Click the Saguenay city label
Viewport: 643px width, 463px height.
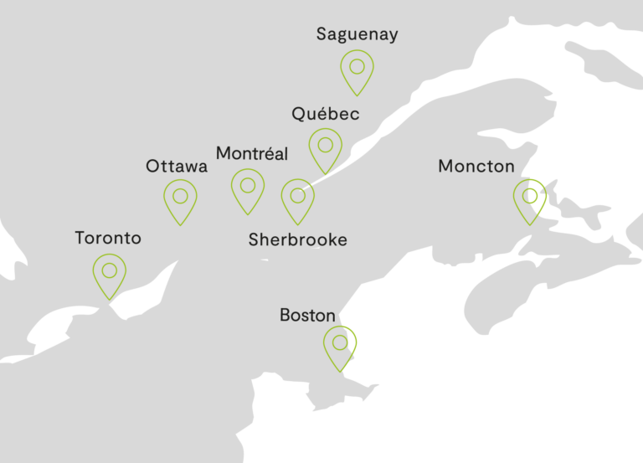[357, 34]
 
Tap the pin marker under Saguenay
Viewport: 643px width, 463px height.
[358, 70]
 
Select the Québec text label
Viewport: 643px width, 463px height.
[326, 114]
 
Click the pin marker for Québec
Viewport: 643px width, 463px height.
[326, 148]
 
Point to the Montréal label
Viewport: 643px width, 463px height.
[252, 153]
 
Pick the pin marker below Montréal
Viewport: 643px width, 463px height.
[248, 188]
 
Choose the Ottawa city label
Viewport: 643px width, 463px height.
[177, 166]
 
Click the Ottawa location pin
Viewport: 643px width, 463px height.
[180, 200]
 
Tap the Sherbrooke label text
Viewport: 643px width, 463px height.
[297, 240]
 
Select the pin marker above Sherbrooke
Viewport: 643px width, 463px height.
[297, 199]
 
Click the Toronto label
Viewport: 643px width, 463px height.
[108, 238]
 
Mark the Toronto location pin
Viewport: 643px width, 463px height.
[109, 275]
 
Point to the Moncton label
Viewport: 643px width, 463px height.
[476, 167]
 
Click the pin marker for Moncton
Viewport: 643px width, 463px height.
[529, 199]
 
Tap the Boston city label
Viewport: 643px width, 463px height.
[307, 316]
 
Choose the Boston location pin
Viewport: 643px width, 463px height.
[339, 347]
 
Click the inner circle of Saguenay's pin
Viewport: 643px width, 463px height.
[358, 65]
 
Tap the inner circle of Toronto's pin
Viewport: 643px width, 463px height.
[109, 270]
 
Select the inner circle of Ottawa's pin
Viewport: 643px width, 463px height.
[180, 196]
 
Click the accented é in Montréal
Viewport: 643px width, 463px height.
[267, 153]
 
